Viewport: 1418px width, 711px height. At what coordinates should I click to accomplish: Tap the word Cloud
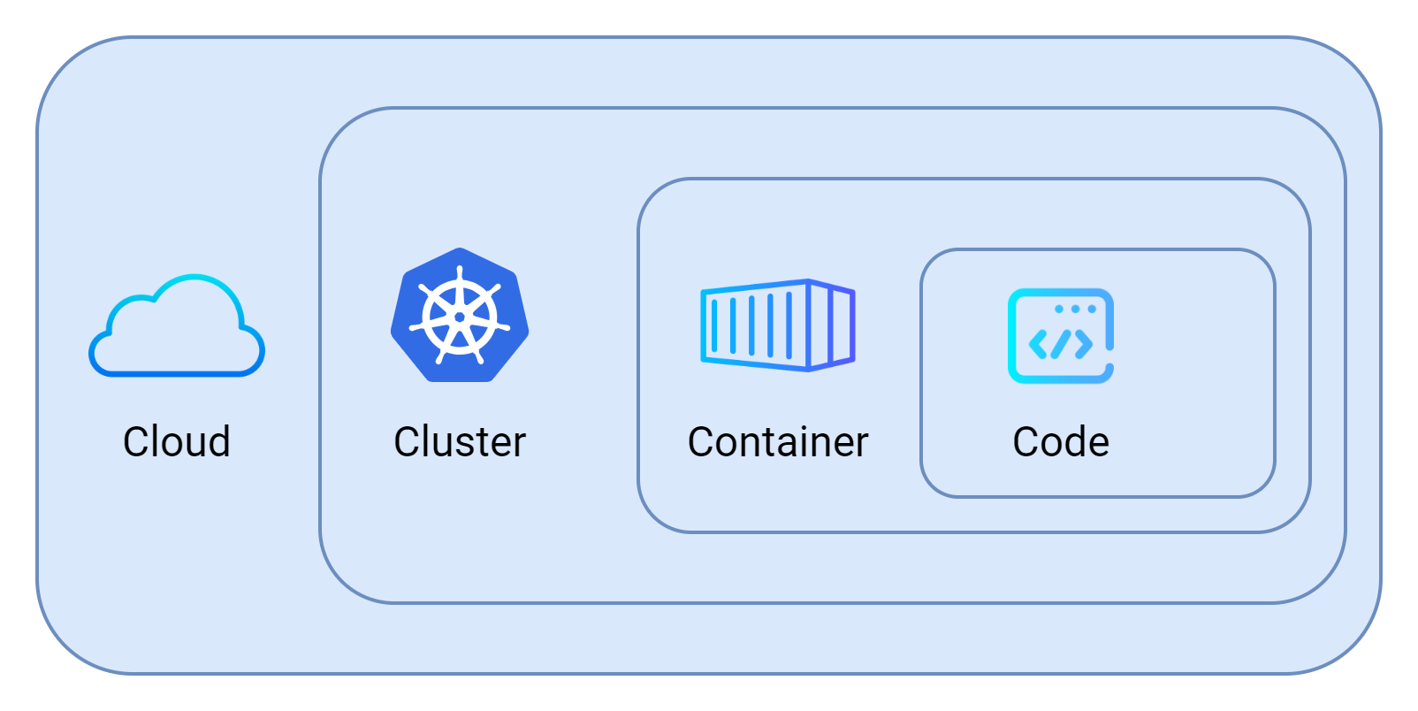(x=177, y=442)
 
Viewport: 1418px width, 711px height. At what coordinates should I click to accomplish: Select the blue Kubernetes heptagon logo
(x=460, y=316)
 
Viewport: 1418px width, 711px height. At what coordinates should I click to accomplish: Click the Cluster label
(x=460, y=442)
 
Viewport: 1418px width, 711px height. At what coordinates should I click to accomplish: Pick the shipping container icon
(x=778, y=325)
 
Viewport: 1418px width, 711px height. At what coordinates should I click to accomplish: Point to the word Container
(x=778, y=442)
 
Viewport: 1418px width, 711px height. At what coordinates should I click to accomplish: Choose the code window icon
(x=1061, y=336)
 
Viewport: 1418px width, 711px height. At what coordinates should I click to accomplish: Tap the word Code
(x=1061, y=442)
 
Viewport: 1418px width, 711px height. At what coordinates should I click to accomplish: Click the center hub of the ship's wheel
(x=460, y=317)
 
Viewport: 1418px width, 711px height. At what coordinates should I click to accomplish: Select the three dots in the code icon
(x=1076, y=309)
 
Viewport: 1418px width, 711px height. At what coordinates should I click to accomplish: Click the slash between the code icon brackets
(x=1061, y=344)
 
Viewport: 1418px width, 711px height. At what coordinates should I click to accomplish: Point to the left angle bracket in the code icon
(x=1038, y=344)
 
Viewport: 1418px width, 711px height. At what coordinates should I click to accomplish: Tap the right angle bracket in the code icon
(x=1084, y=344)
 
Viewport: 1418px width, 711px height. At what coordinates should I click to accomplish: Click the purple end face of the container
(x=832, y=325)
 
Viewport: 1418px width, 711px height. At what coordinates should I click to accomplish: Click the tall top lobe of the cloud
(x=196, y=301)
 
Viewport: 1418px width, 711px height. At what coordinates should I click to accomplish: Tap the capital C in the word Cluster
(x=406, y=442)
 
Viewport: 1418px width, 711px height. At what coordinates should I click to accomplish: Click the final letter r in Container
(x=861, y=445)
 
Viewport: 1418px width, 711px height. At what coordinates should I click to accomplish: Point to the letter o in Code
(x=1051, y=445)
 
